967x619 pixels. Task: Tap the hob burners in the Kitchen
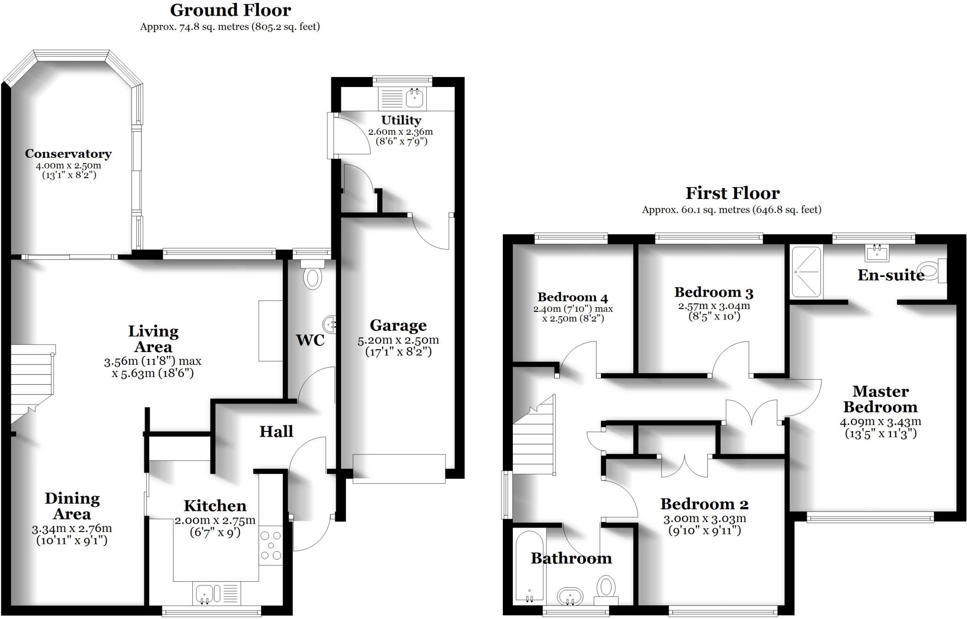[x=271, y=546]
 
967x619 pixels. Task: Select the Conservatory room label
[x=68, y=154]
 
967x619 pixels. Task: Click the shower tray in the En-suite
[x=806, y=272]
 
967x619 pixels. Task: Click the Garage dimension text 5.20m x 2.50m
[x=398, y=340]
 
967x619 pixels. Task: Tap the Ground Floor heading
[x=230, y=9]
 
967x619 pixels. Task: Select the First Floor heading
[x=732, y=193]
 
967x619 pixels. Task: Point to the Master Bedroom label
[x=880, y=399]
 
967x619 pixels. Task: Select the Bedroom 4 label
[x=572, y=297]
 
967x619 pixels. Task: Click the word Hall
[x=276, y=431]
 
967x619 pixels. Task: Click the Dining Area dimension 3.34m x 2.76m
[x=72, y=529]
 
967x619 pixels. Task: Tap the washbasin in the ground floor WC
[x=330, y=324]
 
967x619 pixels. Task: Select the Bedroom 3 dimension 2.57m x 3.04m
[x=714, y=306]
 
